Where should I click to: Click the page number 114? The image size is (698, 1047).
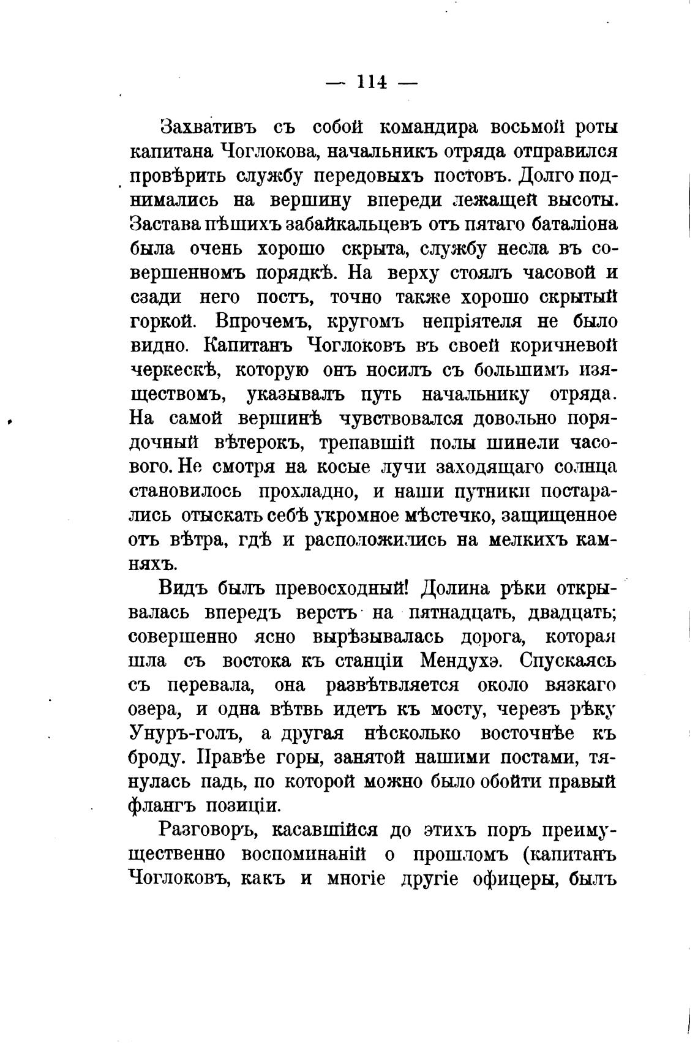point(371,82)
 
